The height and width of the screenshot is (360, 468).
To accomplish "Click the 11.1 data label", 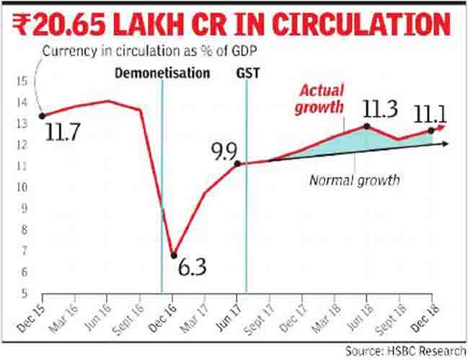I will pos(430,113).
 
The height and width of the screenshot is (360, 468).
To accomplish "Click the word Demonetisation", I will pos(163,74).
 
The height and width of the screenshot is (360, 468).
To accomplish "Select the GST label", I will pos(246,74).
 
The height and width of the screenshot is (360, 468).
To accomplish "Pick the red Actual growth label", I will pos(321,100).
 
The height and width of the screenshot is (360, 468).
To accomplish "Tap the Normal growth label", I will pos(354,180).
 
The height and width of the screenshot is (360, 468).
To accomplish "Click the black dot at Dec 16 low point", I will pos(173,255).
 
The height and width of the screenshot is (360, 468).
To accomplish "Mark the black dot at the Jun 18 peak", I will pos(367,126).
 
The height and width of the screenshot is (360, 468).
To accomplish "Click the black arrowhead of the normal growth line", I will pos(448,144).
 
